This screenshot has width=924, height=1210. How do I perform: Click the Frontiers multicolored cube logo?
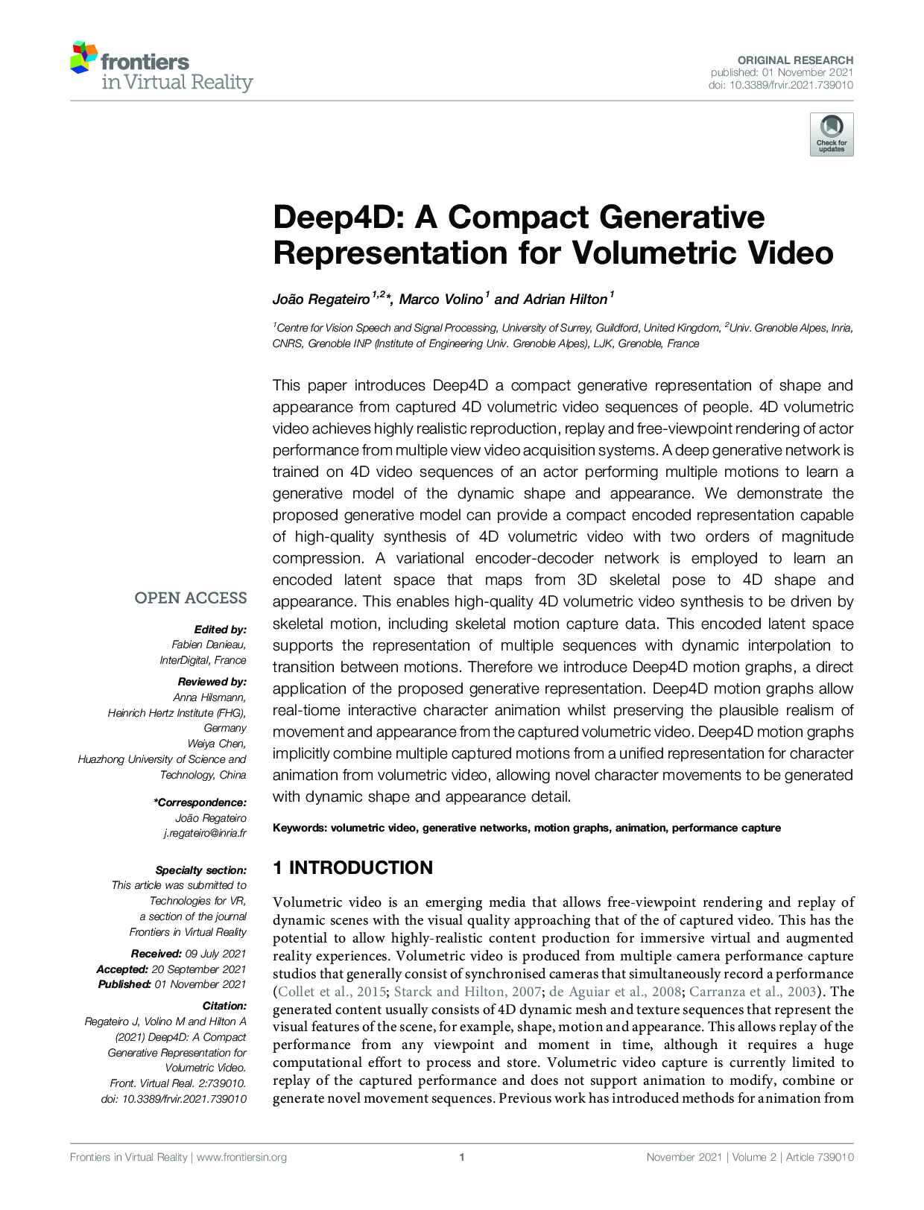tap(83, 58)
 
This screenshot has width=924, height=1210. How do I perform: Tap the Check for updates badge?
tap(832, 134)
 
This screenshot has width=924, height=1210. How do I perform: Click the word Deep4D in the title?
tap(339, 217)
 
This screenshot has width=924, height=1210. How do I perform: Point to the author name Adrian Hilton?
tap(565, 300)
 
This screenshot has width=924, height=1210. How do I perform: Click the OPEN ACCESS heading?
tap(191, 598)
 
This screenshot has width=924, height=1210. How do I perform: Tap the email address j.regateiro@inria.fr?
tap(205, 834)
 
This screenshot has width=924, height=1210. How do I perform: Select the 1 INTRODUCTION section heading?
tap(352, 868)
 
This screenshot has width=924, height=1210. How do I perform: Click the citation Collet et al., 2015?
tap(332, 992)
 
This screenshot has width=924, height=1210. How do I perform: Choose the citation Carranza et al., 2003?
tap(753, 992)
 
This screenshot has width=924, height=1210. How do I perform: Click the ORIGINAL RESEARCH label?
tap(795, 60)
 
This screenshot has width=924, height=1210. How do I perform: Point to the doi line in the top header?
tap(780, 86)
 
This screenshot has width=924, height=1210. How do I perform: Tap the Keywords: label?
tap(300, 828)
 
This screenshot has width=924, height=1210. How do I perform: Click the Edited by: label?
tap(220, 630)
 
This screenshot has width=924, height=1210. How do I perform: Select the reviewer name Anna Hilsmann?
tap(209, 697)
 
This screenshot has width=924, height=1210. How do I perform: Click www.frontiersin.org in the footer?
tap(241, 1157)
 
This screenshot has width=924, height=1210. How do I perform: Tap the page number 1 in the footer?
tap(462, 1157)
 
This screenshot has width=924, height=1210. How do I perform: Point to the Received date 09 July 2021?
tap(215, 954)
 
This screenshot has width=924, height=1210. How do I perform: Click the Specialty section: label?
tap(200, 870)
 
